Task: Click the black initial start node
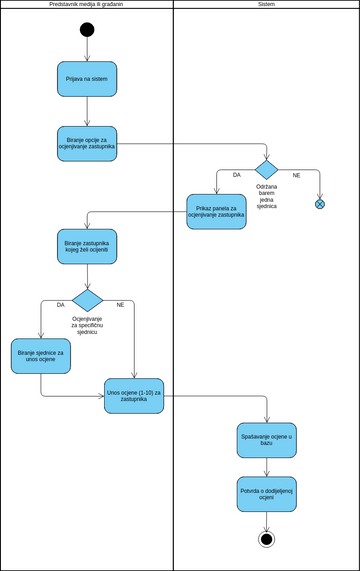[87, 29]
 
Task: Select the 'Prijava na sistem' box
[87, 79]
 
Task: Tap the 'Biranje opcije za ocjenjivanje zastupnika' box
[87, 143]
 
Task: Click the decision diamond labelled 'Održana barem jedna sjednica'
[266, 169]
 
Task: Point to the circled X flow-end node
[320, 204]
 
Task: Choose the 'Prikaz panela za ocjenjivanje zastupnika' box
[216, 211]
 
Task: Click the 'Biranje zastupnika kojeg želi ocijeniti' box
[87, 246]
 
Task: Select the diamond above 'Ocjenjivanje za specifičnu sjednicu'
[87, 300]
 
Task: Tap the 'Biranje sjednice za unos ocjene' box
[41, 356]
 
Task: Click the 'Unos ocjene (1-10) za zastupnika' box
[134, 396]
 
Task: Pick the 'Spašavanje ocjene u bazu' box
[266, 440]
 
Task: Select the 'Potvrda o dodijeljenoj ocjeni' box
[266, 494]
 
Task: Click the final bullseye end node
[266, 539]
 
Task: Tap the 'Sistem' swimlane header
[266, 5]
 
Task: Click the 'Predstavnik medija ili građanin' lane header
[86, 5]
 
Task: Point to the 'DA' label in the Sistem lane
[237, 175]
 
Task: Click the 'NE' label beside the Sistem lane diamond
[296, 175]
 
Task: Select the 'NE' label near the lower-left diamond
[120, 304]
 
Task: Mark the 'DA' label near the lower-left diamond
[60, 304]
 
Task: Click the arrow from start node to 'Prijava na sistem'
[87, 49]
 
